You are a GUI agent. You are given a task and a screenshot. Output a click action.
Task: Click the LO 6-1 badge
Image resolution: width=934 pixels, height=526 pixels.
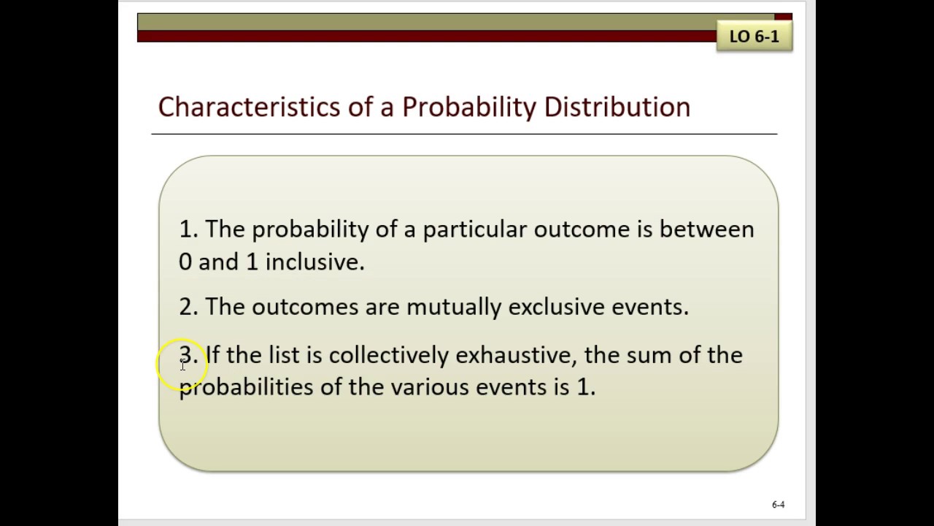pyautogui.click(x=754, y=36)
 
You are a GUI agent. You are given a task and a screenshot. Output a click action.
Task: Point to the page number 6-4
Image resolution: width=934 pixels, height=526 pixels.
pyautogui.click(x=778, y=504)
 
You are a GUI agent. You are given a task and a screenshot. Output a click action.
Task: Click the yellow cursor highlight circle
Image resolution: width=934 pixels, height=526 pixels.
pyautogui.click(x=182, y=365)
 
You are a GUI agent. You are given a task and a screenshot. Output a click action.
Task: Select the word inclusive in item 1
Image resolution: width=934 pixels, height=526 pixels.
pyautogui.click(x=314, y=262)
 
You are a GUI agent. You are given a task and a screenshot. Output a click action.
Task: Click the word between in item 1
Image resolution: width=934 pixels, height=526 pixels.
pyautogui.click(x=706, y=229)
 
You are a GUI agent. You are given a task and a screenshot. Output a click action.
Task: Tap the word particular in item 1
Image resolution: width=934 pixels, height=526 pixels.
pyautogui.click(x=474, y=230)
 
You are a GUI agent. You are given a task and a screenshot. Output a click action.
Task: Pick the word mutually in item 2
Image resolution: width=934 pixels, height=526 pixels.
pyautogui.click(x=453, y=307)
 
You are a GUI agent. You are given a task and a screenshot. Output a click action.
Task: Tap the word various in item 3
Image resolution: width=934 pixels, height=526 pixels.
pyautogui.click(x=430, y=387)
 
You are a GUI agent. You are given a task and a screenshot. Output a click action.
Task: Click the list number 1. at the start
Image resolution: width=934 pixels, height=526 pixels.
pyautogui.click(x=188, y=229)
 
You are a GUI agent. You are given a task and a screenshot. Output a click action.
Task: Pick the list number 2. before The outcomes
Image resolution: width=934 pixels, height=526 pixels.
pyautogui.click(x=188, y=307)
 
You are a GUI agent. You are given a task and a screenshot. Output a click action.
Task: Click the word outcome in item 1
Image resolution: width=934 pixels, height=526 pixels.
pyautogui.click(x=581, y=229)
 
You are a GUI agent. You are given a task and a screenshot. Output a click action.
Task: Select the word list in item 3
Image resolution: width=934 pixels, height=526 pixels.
pyautogui.click(x=284, y=355)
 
